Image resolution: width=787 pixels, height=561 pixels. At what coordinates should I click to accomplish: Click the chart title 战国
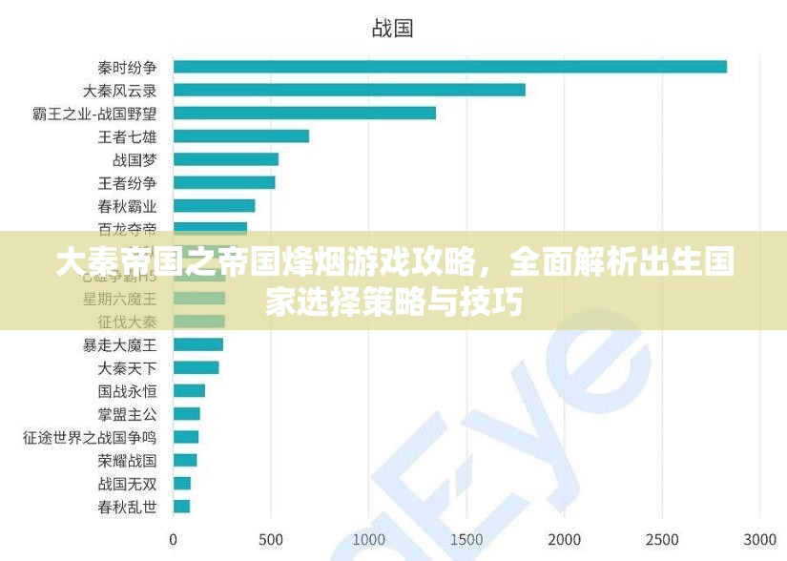(392, 29)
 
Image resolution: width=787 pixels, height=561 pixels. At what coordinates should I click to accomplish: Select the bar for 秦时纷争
(449, 67)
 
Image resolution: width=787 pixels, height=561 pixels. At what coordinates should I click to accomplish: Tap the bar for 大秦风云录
(349, 90)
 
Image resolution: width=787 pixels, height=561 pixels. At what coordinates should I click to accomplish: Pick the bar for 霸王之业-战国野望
(304, 113)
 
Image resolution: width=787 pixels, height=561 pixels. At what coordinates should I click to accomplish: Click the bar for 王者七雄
(241, 135)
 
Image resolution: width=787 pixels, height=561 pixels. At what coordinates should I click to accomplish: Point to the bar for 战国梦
(226, 159)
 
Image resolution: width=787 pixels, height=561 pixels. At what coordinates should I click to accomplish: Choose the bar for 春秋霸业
(214, 205)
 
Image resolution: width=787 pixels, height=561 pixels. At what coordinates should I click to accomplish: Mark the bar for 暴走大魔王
(198, 344)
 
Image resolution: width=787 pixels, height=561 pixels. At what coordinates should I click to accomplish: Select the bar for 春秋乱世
(181, 507)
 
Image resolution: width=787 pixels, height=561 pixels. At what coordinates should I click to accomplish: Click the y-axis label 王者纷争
(128, 182)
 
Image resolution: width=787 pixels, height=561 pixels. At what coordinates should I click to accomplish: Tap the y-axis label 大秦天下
(128, 367)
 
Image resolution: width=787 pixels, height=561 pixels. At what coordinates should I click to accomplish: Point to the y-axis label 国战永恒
(128, 391)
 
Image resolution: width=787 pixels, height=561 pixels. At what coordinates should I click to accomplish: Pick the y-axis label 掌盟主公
(128, 414)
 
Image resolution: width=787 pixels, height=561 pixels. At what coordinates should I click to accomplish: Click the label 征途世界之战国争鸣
(90, 437)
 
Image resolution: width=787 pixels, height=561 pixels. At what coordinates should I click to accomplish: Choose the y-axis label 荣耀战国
(128, 460)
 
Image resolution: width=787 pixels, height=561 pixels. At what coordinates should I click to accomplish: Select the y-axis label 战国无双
(128, 484)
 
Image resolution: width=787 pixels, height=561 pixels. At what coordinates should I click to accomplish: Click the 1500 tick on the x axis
(466, 539)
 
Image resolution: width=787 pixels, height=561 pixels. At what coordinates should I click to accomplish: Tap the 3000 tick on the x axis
(760, 539)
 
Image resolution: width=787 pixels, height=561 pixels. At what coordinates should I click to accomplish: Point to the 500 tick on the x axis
(271, 539)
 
